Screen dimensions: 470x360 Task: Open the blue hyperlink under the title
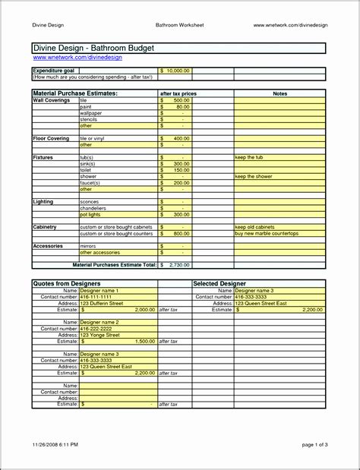[67, 58]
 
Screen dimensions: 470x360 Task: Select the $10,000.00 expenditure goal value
[176, 71]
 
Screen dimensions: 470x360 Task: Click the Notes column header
[279, 93]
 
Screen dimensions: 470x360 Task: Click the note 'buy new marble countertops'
[267, 233]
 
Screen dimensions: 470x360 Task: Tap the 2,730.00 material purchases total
[177, 265]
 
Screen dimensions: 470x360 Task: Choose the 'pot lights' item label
[90, 214]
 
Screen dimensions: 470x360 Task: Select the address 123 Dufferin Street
[101, 303]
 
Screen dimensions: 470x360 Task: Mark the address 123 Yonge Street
[99, 335]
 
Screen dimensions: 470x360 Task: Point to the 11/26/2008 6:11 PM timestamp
[55, 443]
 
